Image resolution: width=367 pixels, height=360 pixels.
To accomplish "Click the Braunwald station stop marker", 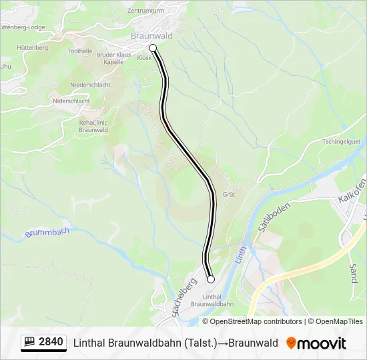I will point(153,47).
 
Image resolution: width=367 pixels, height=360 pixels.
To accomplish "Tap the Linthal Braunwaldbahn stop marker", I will point(210,279).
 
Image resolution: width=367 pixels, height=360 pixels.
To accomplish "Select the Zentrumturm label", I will point(145,11).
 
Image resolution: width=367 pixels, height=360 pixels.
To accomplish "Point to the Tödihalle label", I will point(79,51).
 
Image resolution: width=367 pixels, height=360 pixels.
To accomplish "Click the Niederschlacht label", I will point(90,85).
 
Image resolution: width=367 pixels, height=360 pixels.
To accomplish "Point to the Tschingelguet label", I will point(341,141).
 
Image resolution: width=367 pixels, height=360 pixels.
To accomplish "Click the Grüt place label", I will point(229,194).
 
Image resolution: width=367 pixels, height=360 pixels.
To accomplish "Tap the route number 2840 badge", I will point(44,342).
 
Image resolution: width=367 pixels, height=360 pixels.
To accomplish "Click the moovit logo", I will point(316,343).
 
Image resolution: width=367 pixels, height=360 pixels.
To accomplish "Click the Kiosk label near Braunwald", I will point(144,58).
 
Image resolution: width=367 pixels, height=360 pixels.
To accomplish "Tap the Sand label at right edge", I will point(353,273).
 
